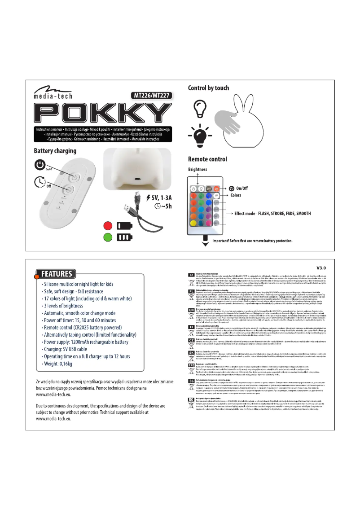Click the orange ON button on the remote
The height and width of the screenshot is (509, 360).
click(x=216, y=189)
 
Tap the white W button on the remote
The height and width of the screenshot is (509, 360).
click(x=216, y=196)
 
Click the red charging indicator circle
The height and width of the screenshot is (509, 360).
click(x=108, y=224)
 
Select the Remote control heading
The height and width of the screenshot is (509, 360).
click(x=207, y=159)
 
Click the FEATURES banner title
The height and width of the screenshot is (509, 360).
click(x=57, y=274)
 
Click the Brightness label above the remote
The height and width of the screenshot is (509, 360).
click(x=198, y=170)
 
